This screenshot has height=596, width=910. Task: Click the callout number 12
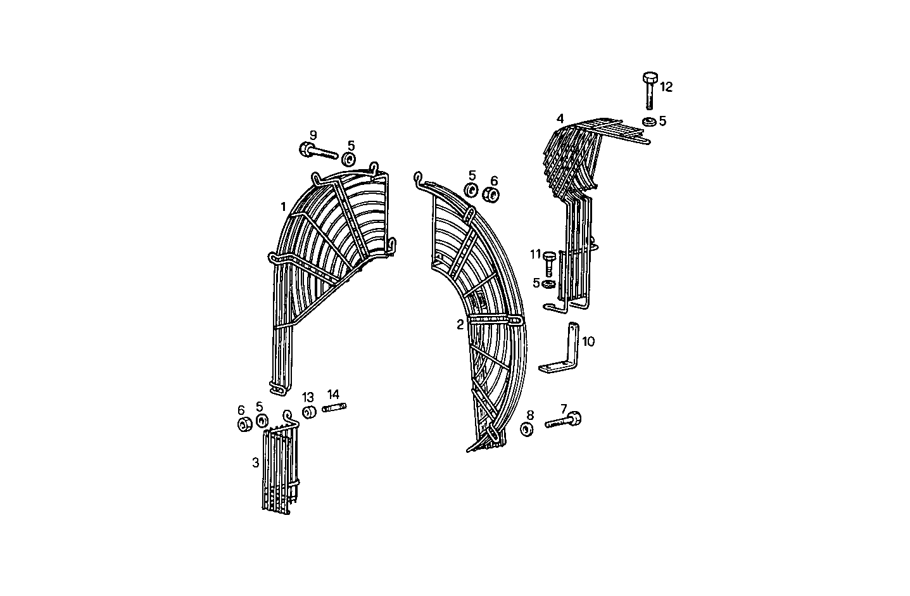tap(666, 87)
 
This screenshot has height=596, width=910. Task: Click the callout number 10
tap(588, 342)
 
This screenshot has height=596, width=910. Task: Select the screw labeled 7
tap(563, 421)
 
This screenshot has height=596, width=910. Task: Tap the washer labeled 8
tap(526, 429)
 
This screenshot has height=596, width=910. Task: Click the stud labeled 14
tap(334, 408)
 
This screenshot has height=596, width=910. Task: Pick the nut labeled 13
tap(310, 413)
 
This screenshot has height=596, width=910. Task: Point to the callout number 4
tap(560, 118)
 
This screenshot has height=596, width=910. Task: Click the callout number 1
tap(283, 206)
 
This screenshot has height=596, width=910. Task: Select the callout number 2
tap(460, 324)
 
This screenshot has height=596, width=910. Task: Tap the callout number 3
tap(255, 463)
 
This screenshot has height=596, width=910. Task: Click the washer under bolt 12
tap(648, 122)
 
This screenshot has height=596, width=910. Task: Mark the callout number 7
tap(563, 409)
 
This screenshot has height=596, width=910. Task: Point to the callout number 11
tap(536, 255)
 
